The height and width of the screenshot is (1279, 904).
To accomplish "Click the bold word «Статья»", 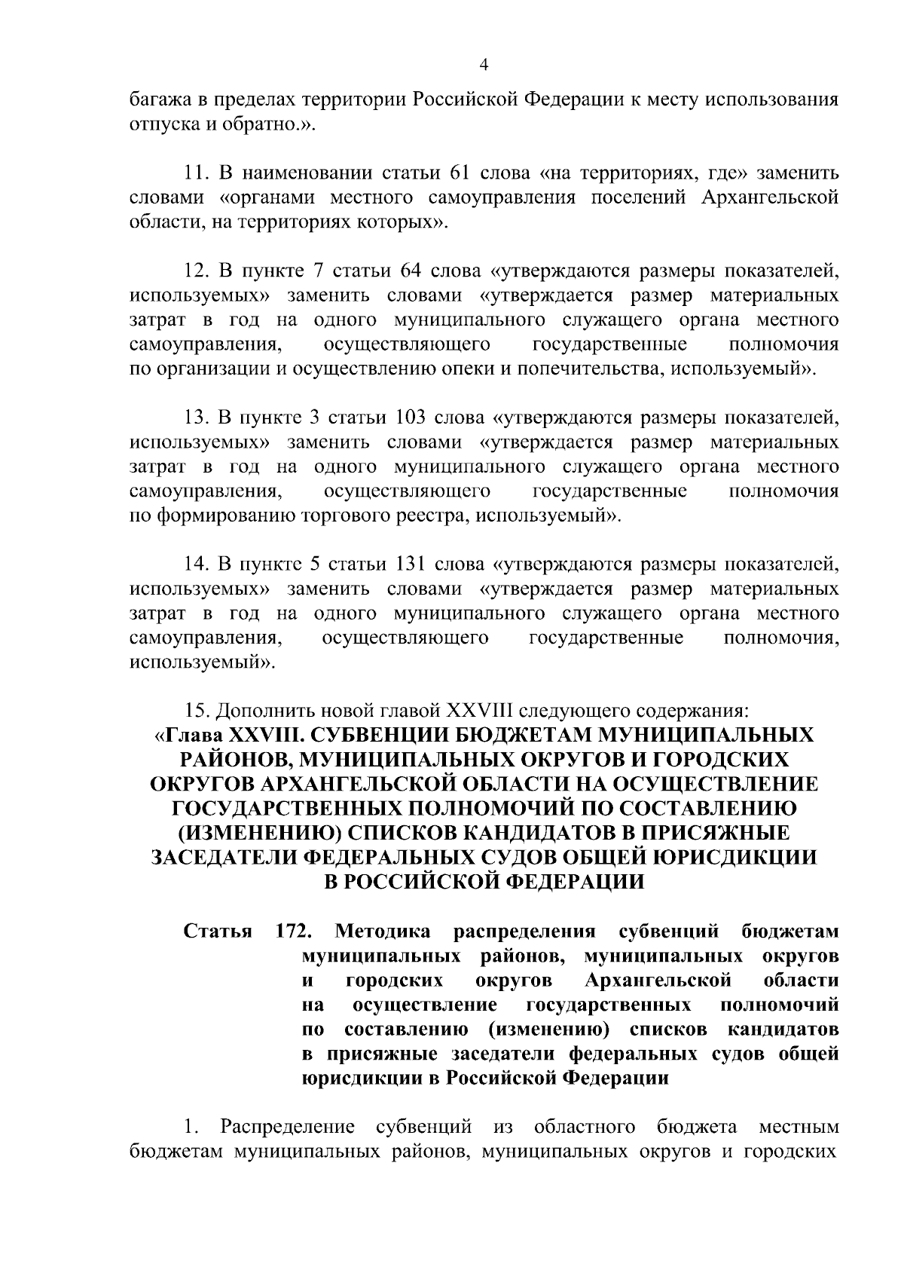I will (x=218, y=932).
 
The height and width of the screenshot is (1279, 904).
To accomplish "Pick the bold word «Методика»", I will (x=383, y=932).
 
